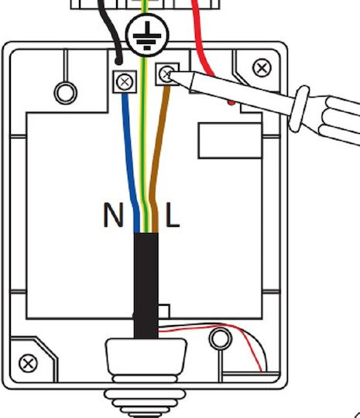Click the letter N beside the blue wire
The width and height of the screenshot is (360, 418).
[113, 215]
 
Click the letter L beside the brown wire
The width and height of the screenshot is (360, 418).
[173, 215]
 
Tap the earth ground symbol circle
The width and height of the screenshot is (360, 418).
[147, 35]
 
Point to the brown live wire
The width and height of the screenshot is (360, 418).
[157, 160]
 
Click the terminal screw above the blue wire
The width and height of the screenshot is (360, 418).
[125, 82]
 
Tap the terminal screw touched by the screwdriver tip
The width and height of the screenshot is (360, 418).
[166, 74]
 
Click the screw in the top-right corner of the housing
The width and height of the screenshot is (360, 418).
[262, 67]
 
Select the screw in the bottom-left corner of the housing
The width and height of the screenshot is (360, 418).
[29, 363]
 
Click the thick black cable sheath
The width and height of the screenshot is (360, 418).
[146, 286]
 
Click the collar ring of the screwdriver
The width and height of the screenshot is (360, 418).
[300, 108]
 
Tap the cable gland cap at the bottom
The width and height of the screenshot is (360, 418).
[146, 357]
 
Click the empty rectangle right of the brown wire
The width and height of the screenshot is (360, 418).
[230, 140]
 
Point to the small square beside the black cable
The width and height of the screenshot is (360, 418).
[163, 311]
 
